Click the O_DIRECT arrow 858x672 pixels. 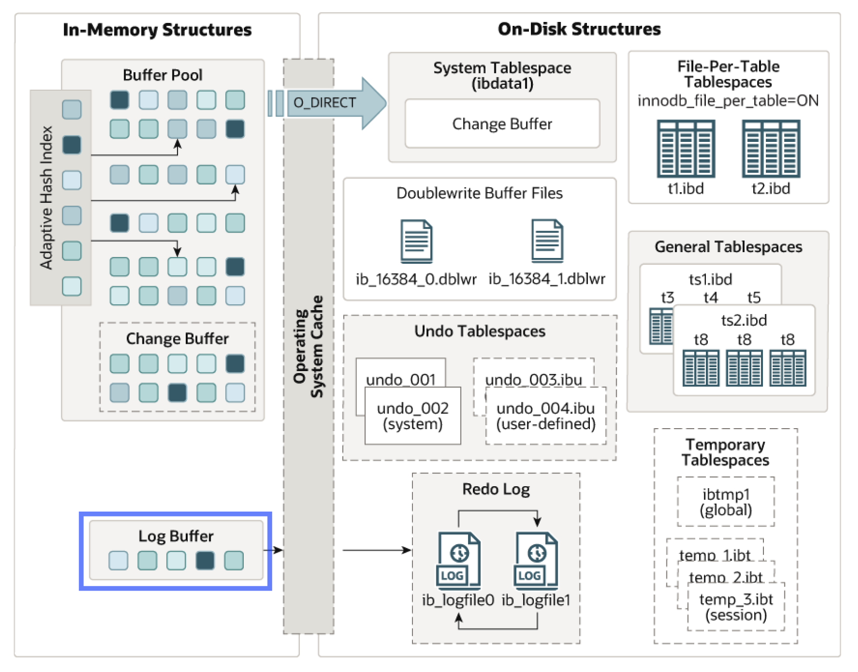click(x=327, y=103)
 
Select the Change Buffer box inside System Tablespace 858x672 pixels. click(x=502, y=123)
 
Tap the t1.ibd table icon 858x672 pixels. click(x=686, y=149)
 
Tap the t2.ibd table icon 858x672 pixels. click(x=771, y=149)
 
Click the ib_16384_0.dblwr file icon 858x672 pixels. click(x=416, y=241)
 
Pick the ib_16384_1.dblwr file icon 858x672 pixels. click(x=547, y=241)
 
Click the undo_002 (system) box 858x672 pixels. click(x=412, y=415)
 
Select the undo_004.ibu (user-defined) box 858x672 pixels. click(x=546, y=415)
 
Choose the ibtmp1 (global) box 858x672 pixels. click(x=726, y=502)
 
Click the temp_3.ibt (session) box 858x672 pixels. click(x=736, y=607)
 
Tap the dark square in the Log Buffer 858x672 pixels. click(x=205, y=560)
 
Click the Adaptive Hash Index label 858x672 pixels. click(x=46, y=198)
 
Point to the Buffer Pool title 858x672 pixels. click(x=162, y=75)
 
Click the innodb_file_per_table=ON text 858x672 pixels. click(x=728, y=100)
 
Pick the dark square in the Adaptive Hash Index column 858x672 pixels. click(x=72, y=145)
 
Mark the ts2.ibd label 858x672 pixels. click(x=744, y=320)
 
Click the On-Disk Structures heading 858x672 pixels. click(x=579, y=29)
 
